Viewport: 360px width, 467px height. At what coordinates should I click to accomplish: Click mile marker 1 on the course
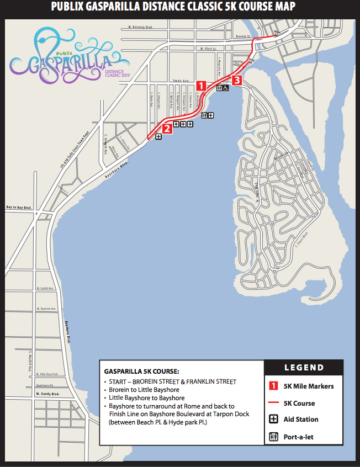click(x=202, y=86)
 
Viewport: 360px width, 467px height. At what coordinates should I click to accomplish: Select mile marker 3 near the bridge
click(x=237, y=81)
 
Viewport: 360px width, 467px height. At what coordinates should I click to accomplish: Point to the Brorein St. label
click(x=243, y=37)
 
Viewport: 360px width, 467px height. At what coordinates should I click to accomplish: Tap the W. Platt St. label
click(x=205, y=49)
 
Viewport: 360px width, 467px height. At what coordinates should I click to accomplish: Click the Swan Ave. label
click(x=177, y=79)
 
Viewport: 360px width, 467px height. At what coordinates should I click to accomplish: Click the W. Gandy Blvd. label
click(x=46, y=394)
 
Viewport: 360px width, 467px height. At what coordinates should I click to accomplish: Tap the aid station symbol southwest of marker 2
click(x=158, y=136)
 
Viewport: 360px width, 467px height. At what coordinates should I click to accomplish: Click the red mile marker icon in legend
click(x=272, y=386)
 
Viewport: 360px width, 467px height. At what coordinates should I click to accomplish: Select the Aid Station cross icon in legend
click(x=272, y=419)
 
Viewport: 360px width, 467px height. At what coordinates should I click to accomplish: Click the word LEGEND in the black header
click(x=304, y=368)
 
